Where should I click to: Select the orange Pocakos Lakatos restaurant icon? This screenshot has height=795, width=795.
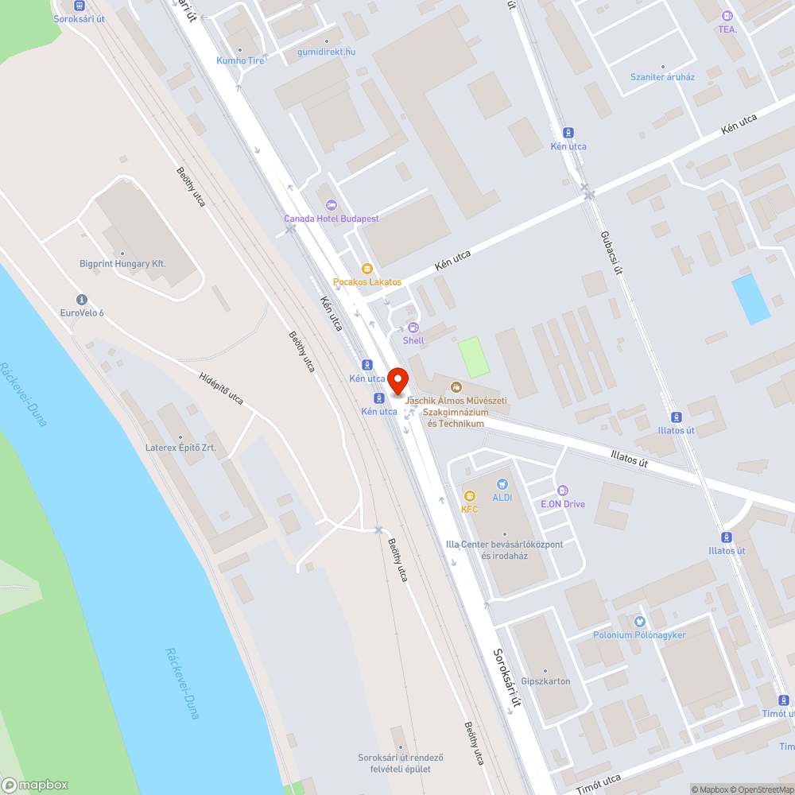coord(366,269)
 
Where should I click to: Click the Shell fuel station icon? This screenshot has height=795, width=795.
coord(413,328)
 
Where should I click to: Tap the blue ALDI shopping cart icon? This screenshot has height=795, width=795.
coord(502,484)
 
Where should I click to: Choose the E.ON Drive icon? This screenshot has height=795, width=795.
coord(563,491)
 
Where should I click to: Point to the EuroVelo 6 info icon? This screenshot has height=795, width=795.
coord(81,300)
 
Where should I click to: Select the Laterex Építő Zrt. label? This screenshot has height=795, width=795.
coord(180,448)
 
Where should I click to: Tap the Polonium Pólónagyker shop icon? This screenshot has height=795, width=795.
coord(639,622)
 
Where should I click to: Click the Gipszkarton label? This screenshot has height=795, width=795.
coord(546,681)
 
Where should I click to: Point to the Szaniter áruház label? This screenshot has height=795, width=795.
coord(662,77)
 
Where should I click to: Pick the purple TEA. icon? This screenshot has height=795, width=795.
coord(727,16)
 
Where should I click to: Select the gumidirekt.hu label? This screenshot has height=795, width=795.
coord(326,52)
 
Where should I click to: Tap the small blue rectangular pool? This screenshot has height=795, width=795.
coord(751,298)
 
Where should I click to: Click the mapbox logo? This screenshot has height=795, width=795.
coord(36,785)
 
